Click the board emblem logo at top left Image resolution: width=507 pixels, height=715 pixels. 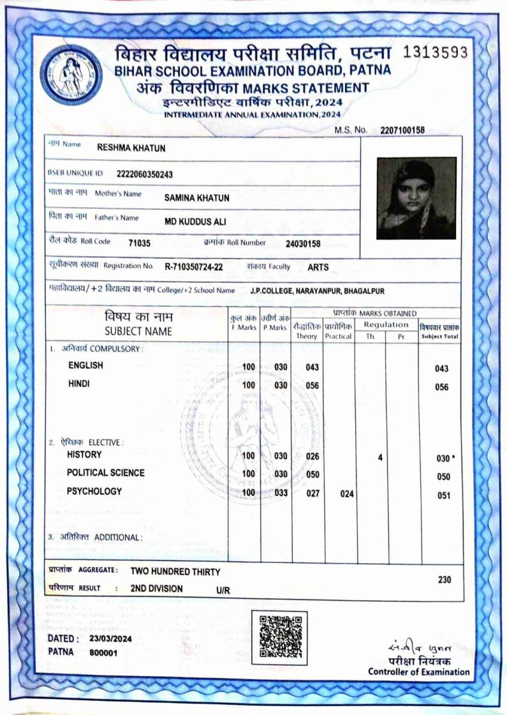pyautogui.click(x=71, y=75)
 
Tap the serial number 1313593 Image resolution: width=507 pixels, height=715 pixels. pyautogui.click(x=437, y=52)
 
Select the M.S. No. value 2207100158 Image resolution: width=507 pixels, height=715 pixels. pyautogui.click(x=402, y=130)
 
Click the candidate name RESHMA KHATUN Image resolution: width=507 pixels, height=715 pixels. pyautogui.click(x=131, y=148)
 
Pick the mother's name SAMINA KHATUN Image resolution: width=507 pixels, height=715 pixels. pyautogui.click(x=196, y=198)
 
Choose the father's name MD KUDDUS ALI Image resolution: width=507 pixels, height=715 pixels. pyautogui.click(x=195, y=222)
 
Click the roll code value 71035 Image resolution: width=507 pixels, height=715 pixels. pyautogui.click(x=139, y=243)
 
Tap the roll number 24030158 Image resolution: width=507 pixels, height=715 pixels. pyautogui.click(x=303, y=243)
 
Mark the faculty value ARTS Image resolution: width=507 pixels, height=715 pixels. pyautogui.click(x=318, y=267)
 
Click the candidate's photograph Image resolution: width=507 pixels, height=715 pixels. pyautogui.click(x=416, y=198)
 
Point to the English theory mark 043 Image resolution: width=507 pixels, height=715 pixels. pyautogui.click(x=312, y=367)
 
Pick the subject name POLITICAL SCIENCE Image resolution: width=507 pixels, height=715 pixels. pyautogui.click(x=106, y=473)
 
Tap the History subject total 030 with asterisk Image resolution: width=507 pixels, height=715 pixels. pyautogui.click(x=445, y=458)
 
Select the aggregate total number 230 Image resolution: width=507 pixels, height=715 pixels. pyautogui.click(x=445, y=580)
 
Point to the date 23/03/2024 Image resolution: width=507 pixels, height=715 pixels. pyautogui.click(x=111, y=638)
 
